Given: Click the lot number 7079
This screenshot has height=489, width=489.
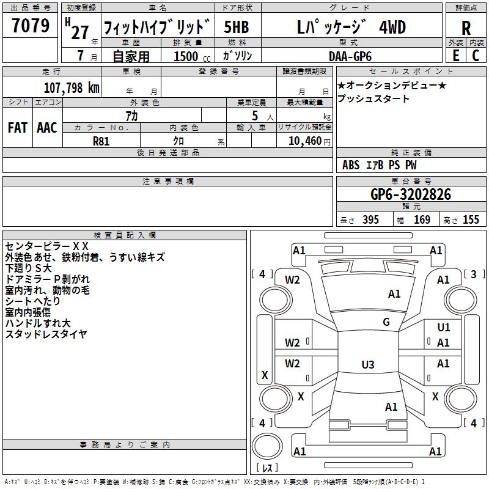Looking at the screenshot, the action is pyautogui.click(x=31, y=26).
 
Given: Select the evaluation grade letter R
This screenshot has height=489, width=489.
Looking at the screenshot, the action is pyautogui.click(x=466, y=28).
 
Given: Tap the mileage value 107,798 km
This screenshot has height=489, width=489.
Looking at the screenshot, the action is pyautogui.click(x=72, y=88).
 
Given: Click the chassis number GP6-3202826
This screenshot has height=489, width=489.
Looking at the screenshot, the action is pyautogui.click(x=411, y=194).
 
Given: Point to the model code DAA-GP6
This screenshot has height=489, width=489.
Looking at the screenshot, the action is pyautogui.click(x=350, y=56).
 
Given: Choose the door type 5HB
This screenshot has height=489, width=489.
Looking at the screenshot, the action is pyautogui.click(x=237, y=27).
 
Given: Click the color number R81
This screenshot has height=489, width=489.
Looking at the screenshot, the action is pyautogui.click(x=101, y=141).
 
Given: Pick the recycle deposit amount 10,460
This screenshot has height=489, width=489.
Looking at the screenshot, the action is pyautogui.click(x=305, y=141).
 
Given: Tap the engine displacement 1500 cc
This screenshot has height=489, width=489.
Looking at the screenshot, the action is pyautogui.click(x=192, y=56).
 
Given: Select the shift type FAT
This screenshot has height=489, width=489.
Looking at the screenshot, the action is pyautogui.click(x=18, y=128).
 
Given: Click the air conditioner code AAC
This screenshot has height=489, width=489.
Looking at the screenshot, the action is pyautogui.click(x=47, y=128).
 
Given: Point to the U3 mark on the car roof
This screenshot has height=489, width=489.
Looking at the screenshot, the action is pyautogui.click(x=368, y=364).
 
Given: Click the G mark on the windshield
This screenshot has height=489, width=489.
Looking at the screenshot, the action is pyautogui.click(x=386, y=322).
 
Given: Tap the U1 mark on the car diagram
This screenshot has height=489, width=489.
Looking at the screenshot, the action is pyautogui.click(x=444, y=328).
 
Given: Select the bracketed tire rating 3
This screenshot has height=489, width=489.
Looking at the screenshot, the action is pyautogui.click(x=474, y=274).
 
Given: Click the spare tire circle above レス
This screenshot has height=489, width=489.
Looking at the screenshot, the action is pyautogui.click(x=267, y=446).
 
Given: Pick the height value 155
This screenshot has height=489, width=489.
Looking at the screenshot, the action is pyautogui.click(x=471, y=219).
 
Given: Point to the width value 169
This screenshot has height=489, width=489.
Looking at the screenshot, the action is pyautogui.click(x=422, y=219).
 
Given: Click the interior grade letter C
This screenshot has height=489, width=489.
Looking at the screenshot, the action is pyautogui.click(x=476, y=56).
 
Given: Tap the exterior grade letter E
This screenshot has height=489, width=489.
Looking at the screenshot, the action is pyautogui.click(x=455, y=56).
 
